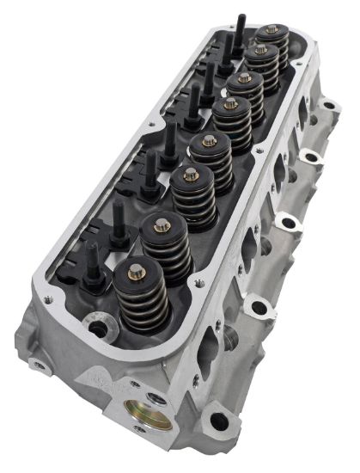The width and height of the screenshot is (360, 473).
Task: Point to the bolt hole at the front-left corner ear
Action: (x=38, y=365)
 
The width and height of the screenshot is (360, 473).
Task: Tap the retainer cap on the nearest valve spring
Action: (x=136, y=273)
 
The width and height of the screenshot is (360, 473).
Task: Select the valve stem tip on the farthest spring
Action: (x=272, y=30)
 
